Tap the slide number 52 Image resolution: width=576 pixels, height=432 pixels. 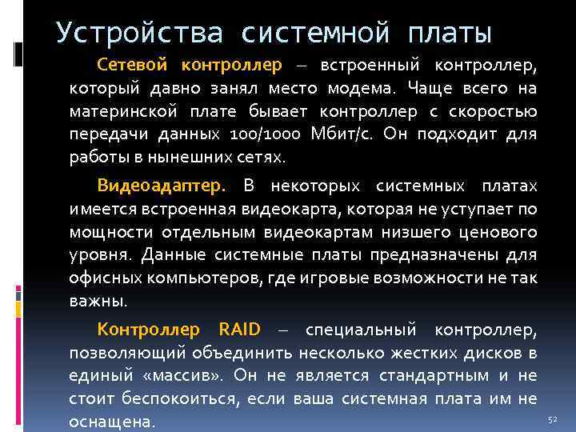tap(551, 419)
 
